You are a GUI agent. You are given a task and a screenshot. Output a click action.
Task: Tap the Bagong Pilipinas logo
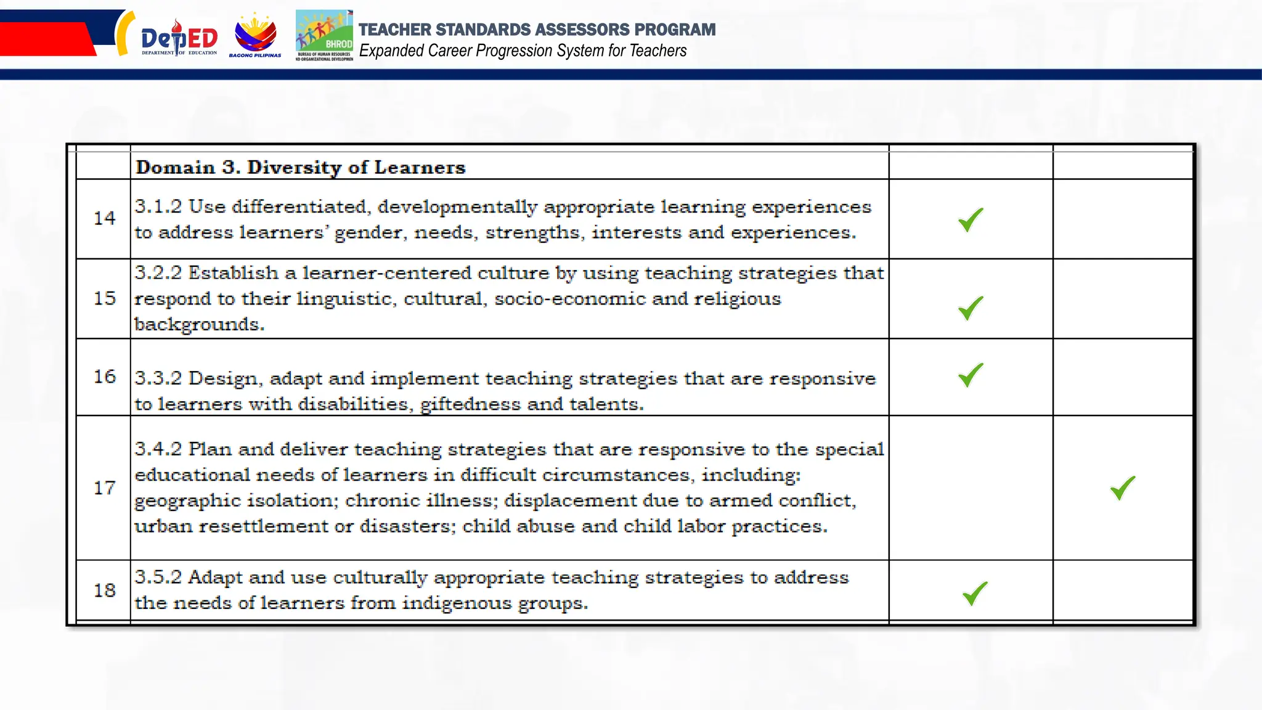click(x=255, y=37)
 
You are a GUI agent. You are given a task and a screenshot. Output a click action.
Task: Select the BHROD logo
click(x=324, y=36)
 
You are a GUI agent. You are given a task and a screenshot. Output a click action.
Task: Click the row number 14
click(x=104, y=218)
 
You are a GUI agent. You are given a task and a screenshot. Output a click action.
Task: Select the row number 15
click(x=104, y=298)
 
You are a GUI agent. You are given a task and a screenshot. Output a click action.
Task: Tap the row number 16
click(x=104, y=377)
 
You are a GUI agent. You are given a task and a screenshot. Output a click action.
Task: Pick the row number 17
click(x=104, y=488)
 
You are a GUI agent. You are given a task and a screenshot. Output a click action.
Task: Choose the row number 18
click(x=104, y=590)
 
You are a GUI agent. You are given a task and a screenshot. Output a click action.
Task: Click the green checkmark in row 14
click(x=971, y=220)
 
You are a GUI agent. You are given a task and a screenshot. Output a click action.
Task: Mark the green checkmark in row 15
click(x=971, y=308)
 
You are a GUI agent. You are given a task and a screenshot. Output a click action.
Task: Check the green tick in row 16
click(x=971, y=375)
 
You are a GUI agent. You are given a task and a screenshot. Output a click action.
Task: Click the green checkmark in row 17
click(x=1122, y=488)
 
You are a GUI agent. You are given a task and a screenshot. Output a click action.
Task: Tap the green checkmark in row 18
click(x=975, y=594)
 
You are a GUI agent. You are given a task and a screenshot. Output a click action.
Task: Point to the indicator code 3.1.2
click(x=158, y=206)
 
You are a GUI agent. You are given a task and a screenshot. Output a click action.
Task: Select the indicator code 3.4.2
click(x=158, y=449)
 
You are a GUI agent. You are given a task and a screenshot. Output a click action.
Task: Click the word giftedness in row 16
click(x=470, y=404)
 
